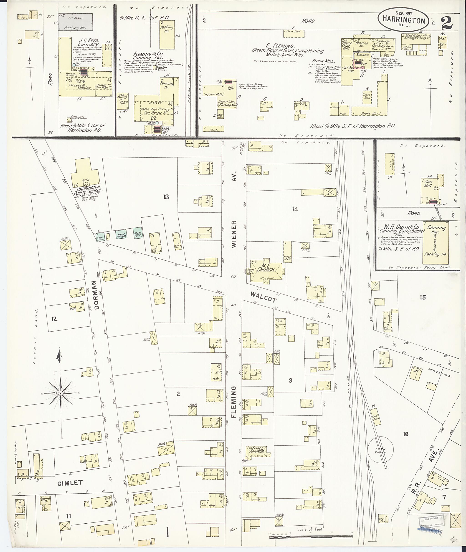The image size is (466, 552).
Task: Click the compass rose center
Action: (x=61, y=393)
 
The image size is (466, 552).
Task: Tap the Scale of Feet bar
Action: (x=311, y=537)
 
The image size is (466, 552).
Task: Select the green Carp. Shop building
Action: (x=100, y=237)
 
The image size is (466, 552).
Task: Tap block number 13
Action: (x=166, y=197)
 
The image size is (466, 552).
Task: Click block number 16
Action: (x=405, y=434)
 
